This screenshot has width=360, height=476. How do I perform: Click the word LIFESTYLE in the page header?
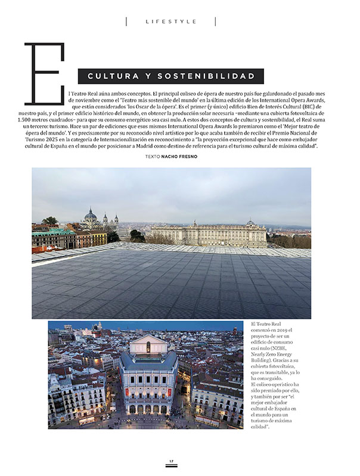click(x=171, y=21)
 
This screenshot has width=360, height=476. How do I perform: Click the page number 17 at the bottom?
click(x=171, y=461)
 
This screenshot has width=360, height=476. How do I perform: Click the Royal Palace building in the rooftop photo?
click(x=209, y=233)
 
